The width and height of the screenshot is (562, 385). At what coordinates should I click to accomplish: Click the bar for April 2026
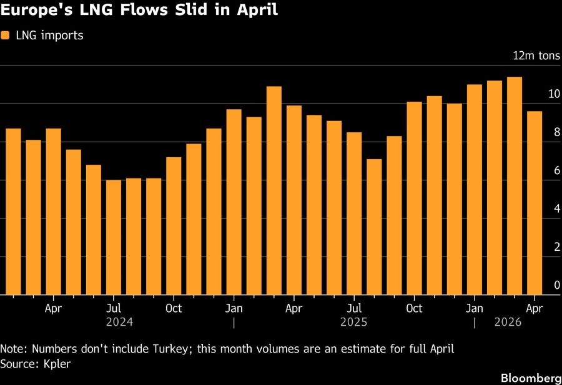tap(534, 203)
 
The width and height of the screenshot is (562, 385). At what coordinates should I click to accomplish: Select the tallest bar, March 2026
tap(514, 186)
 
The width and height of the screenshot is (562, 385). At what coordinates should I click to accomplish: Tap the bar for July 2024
tap(114, 237)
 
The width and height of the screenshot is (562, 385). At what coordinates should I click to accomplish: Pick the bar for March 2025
tap(274, 190)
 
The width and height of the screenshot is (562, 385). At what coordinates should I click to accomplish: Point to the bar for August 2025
tap(374, 227)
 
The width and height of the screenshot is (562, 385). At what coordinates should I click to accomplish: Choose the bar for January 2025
tap(234, 202)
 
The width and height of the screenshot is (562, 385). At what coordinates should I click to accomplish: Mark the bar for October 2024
tap(174, 226)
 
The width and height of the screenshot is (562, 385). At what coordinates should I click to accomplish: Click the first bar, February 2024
tap(14, 212)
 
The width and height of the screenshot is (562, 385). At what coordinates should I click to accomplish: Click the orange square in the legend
tap(6, 36)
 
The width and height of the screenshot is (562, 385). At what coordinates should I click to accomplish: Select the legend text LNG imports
tap(49, 36)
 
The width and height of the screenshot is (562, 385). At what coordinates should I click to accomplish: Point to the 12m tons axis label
tap(536, 56)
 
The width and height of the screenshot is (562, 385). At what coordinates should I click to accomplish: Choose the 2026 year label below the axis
tap(507, 323)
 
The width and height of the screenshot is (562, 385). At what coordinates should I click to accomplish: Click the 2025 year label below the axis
tap(353, 323)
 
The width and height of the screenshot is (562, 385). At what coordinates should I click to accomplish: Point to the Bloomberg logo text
tap(530, 378)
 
